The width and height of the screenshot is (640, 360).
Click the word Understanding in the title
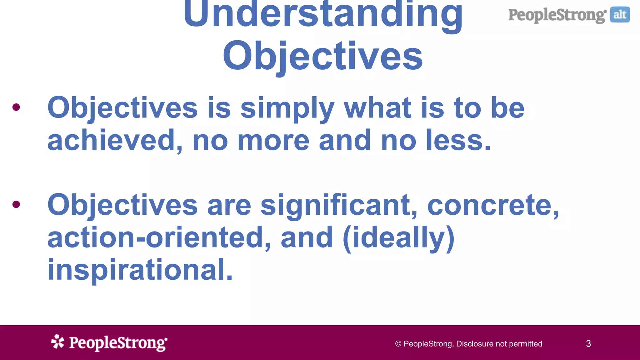pos(323,14)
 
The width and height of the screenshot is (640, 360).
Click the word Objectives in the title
pos(323,56)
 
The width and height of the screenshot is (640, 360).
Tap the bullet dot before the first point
pos(16,107)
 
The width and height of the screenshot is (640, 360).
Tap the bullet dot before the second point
pos(16,204)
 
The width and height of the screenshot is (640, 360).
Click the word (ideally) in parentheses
pos(398,238)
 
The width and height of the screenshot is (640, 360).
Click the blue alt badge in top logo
pos(620,15)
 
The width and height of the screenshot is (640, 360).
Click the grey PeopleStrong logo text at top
pos(557,15)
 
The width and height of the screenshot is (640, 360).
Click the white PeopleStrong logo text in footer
pos(118,343)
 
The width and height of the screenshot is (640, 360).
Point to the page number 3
pos(588,344)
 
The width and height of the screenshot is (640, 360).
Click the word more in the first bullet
pos(273,141)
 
